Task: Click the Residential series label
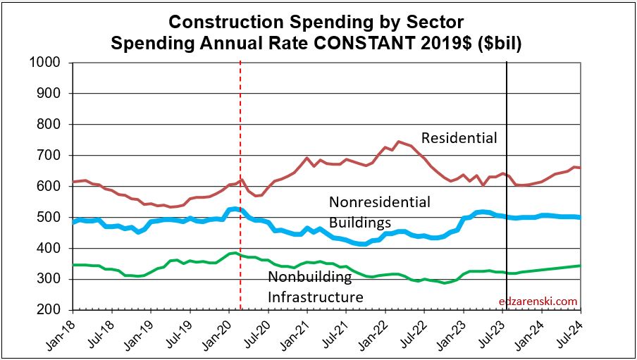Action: coord(459,138)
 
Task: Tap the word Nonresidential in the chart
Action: coord(379,203)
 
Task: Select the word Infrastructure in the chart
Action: coord(315,297)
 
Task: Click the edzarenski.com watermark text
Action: coord(538,302)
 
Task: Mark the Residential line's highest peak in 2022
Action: coord(398,141)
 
